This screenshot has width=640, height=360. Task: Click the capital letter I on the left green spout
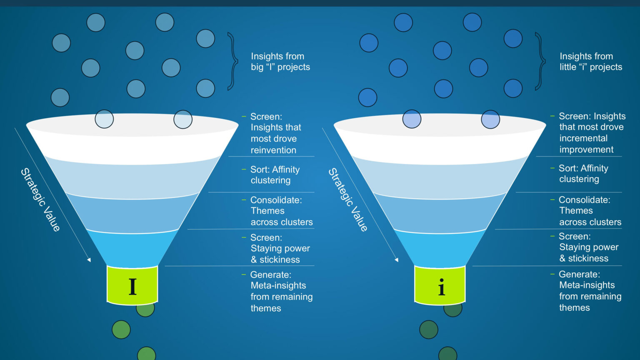[x=132, y=286]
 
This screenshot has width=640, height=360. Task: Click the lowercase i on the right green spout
[x=441, y=287]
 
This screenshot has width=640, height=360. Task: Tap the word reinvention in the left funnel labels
[x=273, y=150]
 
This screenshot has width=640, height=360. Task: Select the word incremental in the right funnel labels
[x=583, y=138]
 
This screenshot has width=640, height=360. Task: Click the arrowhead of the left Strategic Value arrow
[x=89, y=260]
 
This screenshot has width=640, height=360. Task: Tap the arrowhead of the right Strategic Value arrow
[x=397, y=260]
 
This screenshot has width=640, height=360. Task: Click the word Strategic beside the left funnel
[x=33, y=187]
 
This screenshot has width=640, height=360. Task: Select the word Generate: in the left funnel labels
[x=271, y=275]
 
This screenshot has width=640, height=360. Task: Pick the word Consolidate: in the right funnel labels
[x=584, y=200]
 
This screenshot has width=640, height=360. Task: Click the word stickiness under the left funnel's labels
[x=280, y=260]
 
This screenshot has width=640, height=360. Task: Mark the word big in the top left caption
[x=257, y=67]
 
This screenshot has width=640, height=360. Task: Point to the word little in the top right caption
[x=568, y=67]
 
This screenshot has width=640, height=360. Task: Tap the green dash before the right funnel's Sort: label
[x=552, y=168]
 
